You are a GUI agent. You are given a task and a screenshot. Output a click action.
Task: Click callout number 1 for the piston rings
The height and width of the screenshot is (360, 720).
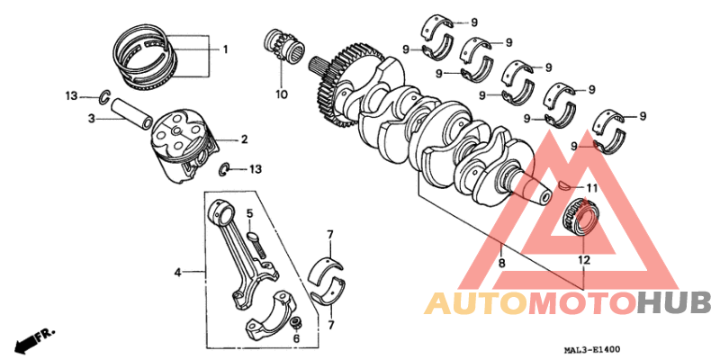tap(225, 49)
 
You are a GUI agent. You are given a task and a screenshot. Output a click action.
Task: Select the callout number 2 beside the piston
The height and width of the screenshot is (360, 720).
tap(243, 139)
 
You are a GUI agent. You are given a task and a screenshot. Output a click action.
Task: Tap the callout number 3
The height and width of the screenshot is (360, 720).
tap(91, 118)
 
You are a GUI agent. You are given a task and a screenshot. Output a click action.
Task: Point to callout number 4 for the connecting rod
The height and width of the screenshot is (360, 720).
tap(178, 270)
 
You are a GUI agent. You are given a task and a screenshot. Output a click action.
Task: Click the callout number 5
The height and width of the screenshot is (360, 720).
tap(251, 213)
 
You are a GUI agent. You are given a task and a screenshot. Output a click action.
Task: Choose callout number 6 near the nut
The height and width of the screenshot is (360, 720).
tap(298, 339)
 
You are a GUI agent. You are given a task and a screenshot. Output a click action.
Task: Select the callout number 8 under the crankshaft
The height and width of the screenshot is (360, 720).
tap(501, 264)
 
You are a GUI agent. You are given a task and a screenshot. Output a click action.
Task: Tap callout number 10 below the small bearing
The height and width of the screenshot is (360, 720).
tap(280, 94)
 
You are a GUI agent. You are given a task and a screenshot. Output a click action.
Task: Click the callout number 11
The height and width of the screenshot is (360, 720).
tap(590, 188)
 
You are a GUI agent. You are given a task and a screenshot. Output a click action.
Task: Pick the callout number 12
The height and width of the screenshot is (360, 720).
tap(583, 260)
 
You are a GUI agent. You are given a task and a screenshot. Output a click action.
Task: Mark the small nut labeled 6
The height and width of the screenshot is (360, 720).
tap(294, 321)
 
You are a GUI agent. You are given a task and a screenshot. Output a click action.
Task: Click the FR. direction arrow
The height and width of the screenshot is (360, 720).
tap(34, 340)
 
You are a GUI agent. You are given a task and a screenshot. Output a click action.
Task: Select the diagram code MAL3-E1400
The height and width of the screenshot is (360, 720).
tap(590, 349)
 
